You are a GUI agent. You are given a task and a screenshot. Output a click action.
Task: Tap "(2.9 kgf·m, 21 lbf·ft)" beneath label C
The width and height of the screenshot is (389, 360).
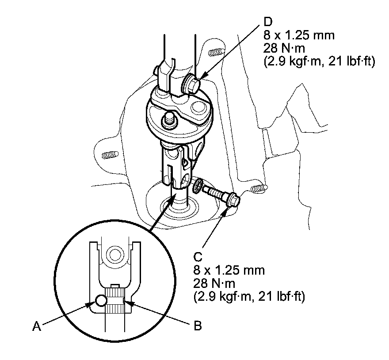248,297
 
